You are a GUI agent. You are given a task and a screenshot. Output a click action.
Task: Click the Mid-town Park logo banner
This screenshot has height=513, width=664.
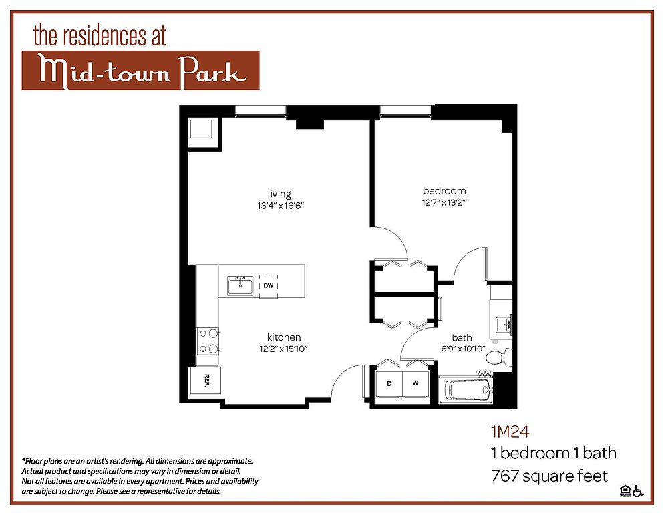(x=140, y=70)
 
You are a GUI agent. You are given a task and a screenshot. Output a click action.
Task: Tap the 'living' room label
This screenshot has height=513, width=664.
(x=279, y=194)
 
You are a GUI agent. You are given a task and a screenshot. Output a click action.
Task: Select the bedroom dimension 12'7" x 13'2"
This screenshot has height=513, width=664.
(x=444, y=202)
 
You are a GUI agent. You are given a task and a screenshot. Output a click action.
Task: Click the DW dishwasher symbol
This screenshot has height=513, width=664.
(x=269, y=285)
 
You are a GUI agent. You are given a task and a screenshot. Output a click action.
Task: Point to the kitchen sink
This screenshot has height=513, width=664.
(x=240, y=285)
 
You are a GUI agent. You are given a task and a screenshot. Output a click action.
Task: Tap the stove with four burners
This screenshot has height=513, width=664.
(x=208, y=341)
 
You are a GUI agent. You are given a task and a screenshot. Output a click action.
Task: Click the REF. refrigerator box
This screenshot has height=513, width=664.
(x=206, y=380)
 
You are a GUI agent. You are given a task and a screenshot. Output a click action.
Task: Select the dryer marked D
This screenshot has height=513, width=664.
(x=389, y=384)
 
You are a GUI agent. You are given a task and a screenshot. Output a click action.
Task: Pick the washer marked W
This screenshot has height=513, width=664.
(x=416, y=384)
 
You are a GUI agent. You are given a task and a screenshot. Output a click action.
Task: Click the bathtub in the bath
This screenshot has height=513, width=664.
(x=466, y=388)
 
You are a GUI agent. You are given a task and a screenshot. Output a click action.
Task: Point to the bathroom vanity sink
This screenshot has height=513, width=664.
(x=504, y=325)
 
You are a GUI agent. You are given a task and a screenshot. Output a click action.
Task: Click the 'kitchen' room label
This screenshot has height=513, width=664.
(x=284, y=337)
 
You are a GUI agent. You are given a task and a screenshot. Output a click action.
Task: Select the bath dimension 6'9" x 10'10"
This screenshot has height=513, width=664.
(x=463, y=349)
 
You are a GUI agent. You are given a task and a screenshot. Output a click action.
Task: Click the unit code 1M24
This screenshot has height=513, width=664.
(x=510, y=432)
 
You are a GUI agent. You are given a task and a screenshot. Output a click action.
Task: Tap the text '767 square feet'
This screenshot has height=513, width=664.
(x=549, y=476)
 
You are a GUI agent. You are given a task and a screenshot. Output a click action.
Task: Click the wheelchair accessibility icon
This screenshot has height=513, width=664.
(x=638, y=491)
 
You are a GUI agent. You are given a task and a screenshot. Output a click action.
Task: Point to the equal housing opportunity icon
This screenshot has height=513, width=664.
(x=625, y=491)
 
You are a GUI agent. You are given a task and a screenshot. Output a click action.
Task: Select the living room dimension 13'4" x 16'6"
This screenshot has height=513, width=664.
(x=281, y=206)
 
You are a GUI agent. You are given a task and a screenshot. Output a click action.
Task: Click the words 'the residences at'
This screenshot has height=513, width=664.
(x=100, y=36)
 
